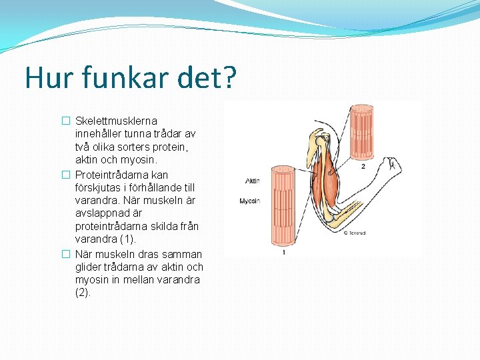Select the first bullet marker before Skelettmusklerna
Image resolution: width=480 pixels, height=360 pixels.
(x=65, y=121)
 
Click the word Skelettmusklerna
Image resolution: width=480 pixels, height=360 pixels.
(x=117, y=121)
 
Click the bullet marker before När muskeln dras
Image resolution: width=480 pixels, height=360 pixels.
(x=65, y=254)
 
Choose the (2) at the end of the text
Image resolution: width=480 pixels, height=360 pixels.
(x=83, y=292)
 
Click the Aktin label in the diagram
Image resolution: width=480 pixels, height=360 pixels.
(x=253, y=181)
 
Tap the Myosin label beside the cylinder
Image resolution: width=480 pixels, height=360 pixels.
(x=250, y=201)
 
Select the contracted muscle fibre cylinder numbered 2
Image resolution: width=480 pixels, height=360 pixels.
(x=362, y=131)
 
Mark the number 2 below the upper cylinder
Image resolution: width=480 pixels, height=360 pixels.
(x=363, y=166)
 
